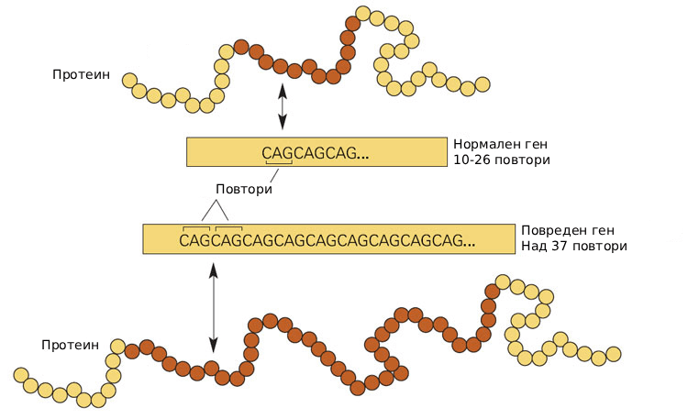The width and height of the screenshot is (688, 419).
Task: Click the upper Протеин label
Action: click(81, 73)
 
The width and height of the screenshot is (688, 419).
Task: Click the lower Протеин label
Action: click(69, 345)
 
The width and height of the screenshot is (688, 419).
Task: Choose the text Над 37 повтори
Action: click(573, 247)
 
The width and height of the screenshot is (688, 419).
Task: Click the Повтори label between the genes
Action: click(244, 189)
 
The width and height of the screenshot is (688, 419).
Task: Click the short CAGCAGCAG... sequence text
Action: click(315, 154)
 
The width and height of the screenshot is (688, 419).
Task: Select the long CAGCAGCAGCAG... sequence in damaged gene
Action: click(327, 241)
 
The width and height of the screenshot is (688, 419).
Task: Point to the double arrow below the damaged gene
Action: click(213, 307)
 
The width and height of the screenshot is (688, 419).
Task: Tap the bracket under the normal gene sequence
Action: click(278, 164)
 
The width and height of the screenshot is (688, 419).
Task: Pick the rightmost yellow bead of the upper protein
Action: click(483, 85)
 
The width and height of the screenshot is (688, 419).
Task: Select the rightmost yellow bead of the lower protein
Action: click(613, 354)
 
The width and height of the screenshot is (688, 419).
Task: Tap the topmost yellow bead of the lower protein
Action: click(503, 280)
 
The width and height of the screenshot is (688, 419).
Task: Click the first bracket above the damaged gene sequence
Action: click(197, 227)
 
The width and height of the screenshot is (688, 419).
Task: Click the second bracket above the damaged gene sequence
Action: click(227, 227)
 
